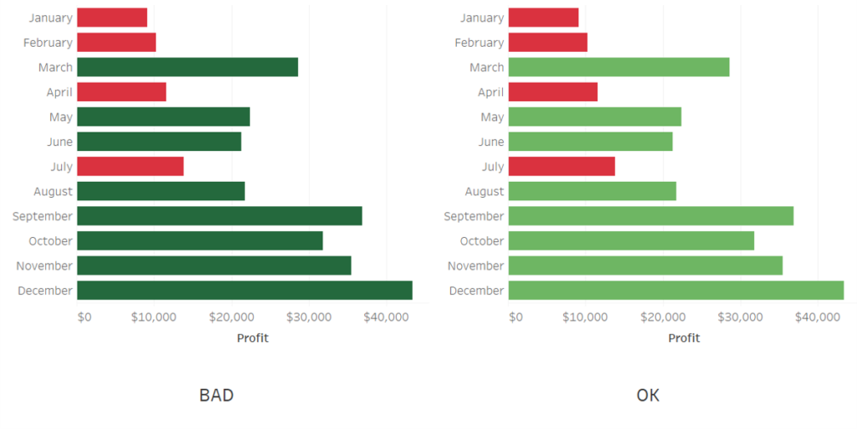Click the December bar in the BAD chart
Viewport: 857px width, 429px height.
(x=244, y=290)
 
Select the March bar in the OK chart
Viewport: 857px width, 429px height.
(x=618, y=67)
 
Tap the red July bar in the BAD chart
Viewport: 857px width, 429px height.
(x=130, y=166)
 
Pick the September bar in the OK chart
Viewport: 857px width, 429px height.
(x=650, y=216)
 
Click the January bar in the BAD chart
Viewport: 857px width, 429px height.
(x=112, y=18)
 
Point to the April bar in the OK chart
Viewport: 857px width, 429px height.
(x=552, y=92)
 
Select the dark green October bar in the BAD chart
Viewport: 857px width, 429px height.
(x=199, y=240)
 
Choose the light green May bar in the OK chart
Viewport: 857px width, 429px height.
(x=594, y=116)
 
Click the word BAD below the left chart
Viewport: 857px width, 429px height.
(x=216, y=395)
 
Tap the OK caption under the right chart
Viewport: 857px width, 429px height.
(x=648, y=395)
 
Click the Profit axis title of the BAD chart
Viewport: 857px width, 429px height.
(x=253, y=338)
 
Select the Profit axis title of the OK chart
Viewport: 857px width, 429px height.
(x=684, y=338)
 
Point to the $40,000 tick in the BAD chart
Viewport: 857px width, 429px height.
(x=386, y=317)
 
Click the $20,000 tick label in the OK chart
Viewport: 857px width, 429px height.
(x=663, y=317)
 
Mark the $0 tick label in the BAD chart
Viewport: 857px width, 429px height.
(x=84, y=317)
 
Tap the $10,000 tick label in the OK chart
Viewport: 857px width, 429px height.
(x=585, y=317)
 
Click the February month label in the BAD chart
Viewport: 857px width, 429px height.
(x=48, y=43)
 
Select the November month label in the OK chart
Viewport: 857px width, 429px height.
(x=475, y=266)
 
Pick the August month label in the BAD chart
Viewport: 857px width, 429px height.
(x=53, y=191)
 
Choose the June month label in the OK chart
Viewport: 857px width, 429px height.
(x=491, y=142)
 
